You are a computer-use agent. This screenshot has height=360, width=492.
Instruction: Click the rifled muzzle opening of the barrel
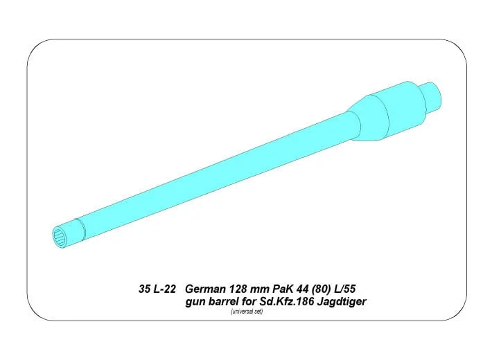click(x=59, y=237)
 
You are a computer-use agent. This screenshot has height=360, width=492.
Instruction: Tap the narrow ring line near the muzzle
click(x=80, y=229)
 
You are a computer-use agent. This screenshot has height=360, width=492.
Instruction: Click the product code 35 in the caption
click(x=144, y=289)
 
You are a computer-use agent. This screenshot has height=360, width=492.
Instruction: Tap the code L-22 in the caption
click(x=165, y=289)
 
